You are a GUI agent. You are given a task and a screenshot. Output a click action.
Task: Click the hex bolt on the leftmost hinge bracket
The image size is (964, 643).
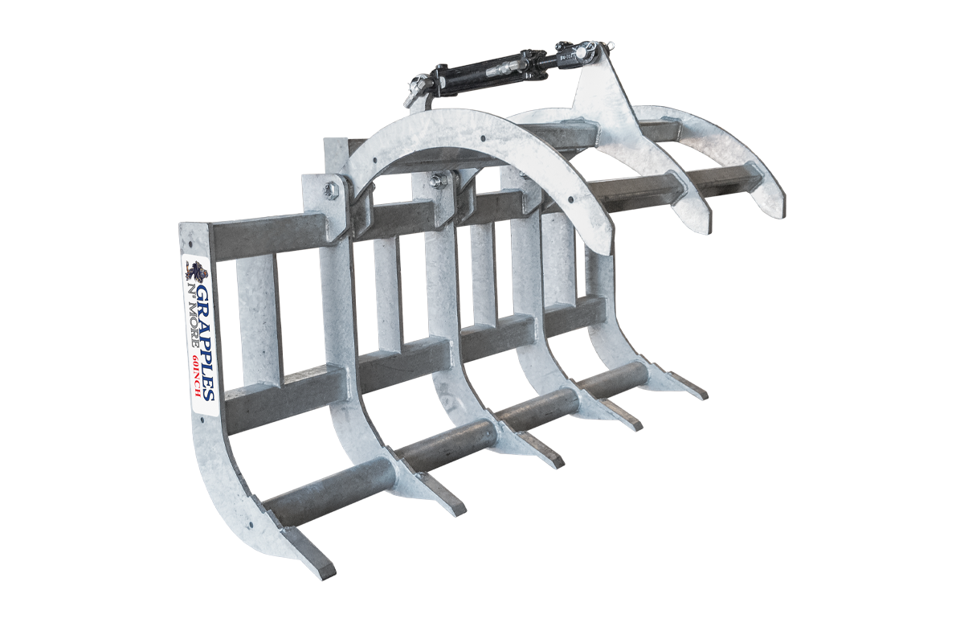(329, 190)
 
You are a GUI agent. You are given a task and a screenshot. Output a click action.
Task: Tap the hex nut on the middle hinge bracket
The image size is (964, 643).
(439, 179)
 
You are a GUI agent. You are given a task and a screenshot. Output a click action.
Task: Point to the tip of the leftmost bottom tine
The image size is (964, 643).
(325, 571)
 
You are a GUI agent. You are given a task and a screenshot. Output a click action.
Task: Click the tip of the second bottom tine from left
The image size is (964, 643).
(456, 509)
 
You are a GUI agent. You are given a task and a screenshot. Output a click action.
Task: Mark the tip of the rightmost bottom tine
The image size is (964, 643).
(701, 395)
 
